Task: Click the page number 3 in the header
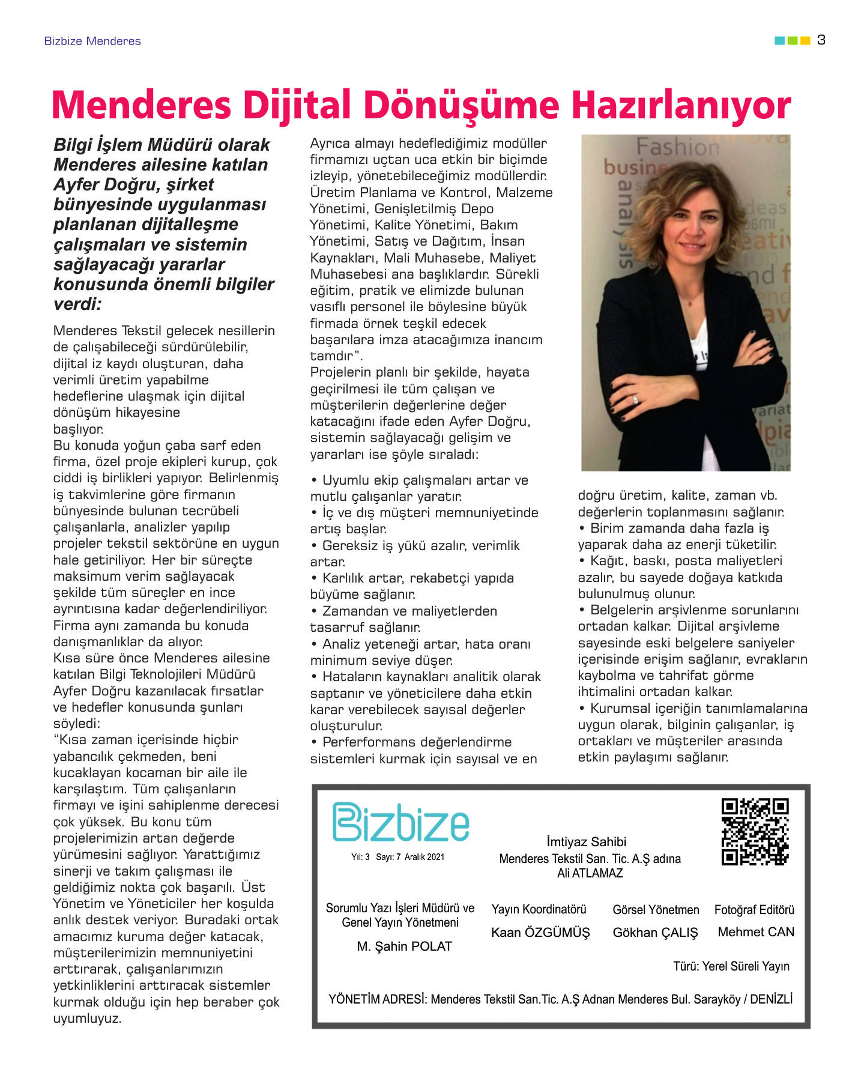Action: coord(821,40)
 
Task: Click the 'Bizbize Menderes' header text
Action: coord(92,41)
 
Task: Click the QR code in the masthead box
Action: coord(755,831)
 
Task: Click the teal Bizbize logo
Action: coord(400,822)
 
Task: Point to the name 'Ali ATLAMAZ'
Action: coord(590,873)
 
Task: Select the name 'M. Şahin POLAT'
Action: coord(404,946)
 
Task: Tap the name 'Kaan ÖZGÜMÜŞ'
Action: coord(540,933)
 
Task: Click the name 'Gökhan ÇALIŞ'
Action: coord(655,933)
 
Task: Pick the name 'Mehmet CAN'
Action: coord(756,932)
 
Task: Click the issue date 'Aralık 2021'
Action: coord(424,857)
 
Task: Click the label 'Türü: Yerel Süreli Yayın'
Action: coord(731,966)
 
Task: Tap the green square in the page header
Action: coord(792,41)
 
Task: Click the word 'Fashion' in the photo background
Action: coord(677,146)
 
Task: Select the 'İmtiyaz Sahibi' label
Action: coord(586,842)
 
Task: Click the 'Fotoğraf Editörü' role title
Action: coord(754,910)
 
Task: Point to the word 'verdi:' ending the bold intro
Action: coord(77,304)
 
